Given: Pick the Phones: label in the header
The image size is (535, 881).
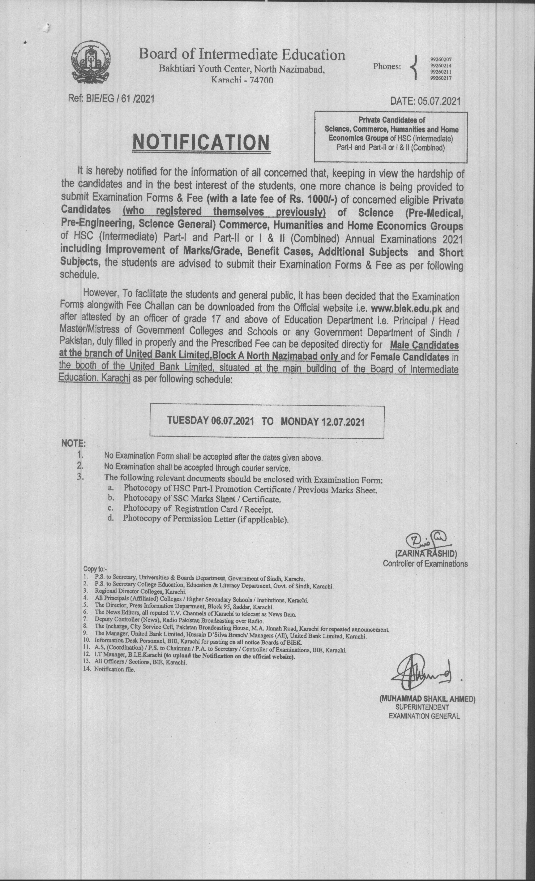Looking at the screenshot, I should (387, 66).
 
